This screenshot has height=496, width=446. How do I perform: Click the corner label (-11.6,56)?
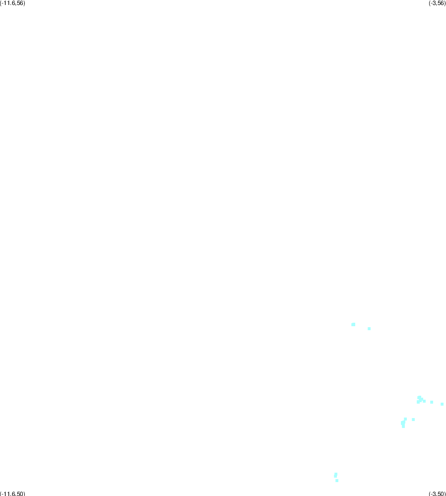[x=12, y=3]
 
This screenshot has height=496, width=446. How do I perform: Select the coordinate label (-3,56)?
[x=437, y=3]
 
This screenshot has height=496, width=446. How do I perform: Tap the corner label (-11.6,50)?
[x=12, y=494]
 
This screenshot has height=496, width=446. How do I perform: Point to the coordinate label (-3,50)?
[x=437, y=494]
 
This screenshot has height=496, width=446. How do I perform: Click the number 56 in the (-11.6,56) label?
[x=20, y=3]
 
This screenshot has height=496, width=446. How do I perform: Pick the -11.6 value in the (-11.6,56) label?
[x=8, y=3]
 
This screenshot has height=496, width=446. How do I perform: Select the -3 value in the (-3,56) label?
[x=433, y=3]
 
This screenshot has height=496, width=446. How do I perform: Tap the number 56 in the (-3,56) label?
[x=441, y=3]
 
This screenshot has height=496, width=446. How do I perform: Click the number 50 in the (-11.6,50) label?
[x=20, y=494]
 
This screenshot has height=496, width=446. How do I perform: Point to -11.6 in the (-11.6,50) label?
[x=8, y=494]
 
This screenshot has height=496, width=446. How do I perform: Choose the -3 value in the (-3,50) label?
[x=433, y=494]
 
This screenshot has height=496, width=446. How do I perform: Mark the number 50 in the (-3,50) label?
[x=441, y=494]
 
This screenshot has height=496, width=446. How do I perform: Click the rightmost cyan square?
[x=442, y=404]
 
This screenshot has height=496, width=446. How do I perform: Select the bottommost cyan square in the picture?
[x=337, y=481]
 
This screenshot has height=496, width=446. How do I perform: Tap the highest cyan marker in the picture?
[x=353, y=324]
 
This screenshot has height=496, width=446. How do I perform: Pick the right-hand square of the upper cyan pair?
[x=369, y=329]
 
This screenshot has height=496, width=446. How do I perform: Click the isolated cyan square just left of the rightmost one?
[x=432, y=402]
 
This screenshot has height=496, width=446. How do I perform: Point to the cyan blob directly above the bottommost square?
[x=336, y=475]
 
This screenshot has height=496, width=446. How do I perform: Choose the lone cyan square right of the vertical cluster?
[x=413, y=420]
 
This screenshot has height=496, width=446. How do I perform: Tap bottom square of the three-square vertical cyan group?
[x=403, y=426]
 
